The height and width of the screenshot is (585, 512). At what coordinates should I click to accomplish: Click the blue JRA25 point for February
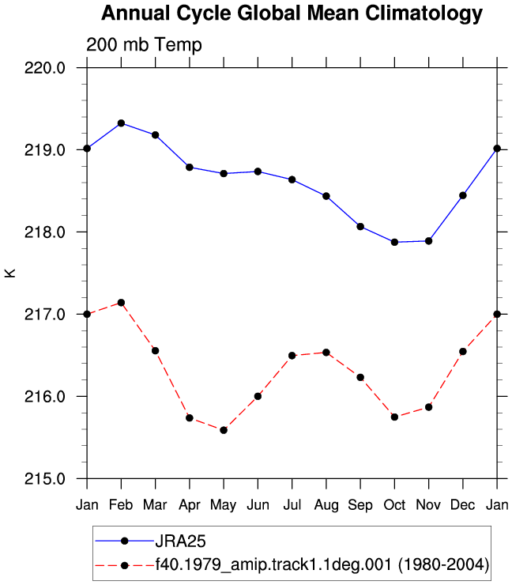[x=121, y=123]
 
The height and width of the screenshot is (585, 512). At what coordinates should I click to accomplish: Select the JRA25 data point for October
[x=394, y=242]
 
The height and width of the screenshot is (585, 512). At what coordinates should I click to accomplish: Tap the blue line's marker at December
[x=463, y=195]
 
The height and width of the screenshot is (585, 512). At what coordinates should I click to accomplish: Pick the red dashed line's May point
[x=224, y=430]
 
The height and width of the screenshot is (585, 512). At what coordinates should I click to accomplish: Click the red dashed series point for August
[x=326, y=353]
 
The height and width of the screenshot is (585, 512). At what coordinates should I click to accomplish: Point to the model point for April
[x=190, y=418]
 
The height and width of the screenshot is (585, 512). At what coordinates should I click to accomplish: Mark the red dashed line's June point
[x=258, y=396]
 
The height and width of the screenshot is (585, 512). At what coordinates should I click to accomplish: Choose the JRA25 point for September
[x=360, y=226]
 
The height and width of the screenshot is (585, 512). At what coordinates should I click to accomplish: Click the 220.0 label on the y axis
[x=45, y=68]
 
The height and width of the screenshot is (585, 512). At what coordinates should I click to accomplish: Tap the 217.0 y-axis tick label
[x=45, y=315]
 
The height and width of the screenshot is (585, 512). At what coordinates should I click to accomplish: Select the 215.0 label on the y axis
[x=45, y=478]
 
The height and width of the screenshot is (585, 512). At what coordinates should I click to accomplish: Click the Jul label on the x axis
[x=292, y=505]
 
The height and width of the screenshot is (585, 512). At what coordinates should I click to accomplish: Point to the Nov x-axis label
[x=428, y=505]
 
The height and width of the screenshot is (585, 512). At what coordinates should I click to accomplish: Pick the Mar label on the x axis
[x=155, y=505]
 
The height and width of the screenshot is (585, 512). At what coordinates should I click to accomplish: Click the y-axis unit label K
[x=10, y=273]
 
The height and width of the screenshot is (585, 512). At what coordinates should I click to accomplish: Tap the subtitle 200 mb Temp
[x=144, y=45]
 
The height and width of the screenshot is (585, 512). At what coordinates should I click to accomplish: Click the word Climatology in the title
[x=424, y=13]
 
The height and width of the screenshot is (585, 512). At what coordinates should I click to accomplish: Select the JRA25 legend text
[x=180, y=541]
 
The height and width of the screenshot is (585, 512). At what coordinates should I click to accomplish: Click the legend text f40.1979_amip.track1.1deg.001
[x=273, y=565]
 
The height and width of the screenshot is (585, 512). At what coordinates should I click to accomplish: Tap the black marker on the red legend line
[x=125, y=565]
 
